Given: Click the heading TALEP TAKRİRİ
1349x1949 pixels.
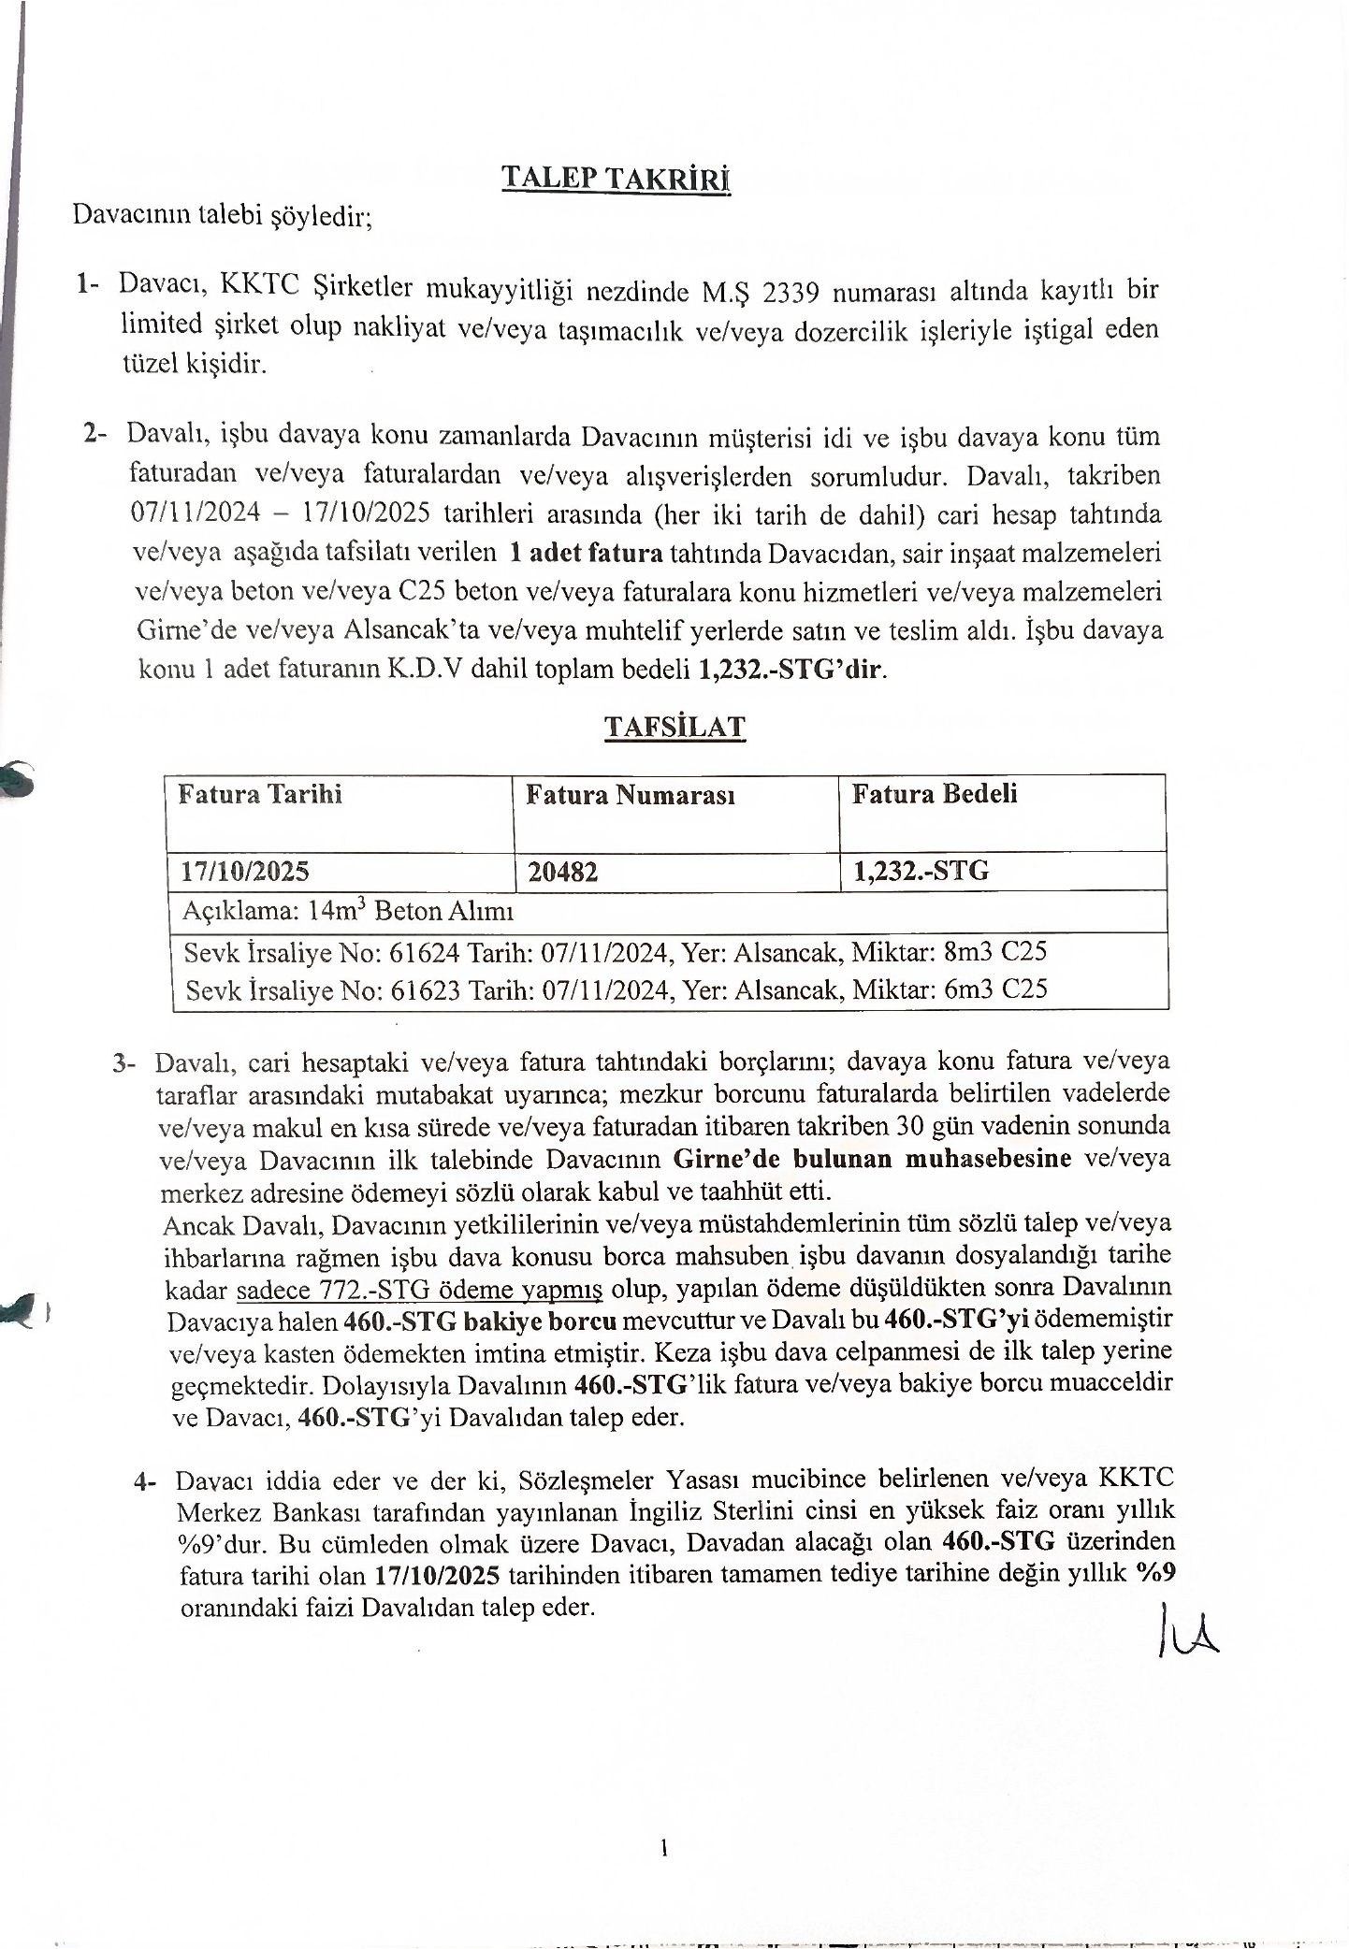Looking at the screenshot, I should point(616,178).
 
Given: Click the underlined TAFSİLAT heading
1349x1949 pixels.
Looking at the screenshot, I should point(674,727).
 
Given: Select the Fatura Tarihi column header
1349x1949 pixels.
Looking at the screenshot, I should point(260,795).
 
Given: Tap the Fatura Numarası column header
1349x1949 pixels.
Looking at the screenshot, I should point(630,796).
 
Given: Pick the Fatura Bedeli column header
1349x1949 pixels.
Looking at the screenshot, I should point(934,795).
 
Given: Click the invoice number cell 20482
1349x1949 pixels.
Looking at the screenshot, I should point(562,873).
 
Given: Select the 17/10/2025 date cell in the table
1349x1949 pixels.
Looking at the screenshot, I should point(245,873).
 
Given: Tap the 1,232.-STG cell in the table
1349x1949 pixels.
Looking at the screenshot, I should point(921,872).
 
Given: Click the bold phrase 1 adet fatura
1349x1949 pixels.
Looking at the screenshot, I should point(585,553).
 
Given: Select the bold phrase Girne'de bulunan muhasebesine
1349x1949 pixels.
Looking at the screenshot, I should point(872,1159).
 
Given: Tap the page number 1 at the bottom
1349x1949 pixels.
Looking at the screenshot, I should point(663,1848).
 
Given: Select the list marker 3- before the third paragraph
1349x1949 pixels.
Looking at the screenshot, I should point(124,1064).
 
